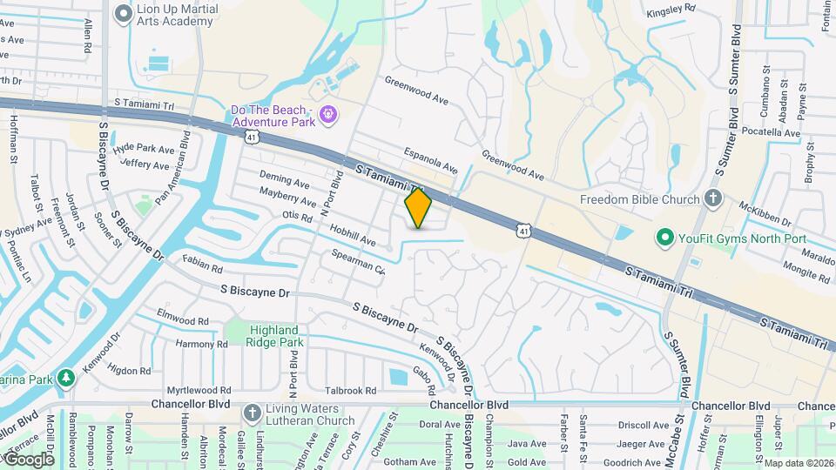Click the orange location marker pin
point(418,208)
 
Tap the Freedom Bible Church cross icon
point(714,199)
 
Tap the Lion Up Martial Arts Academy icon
point(123,13)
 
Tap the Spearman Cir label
point(358,261)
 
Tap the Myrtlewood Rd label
point(200,391)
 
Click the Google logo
point(29,459)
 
